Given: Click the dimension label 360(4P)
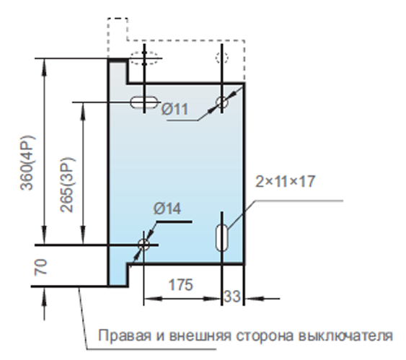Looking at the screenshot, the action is [27, 162].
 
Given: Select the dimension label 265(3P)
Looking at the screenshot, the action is [68, 185].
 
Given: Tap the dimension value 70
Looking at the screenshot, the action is [41, 267].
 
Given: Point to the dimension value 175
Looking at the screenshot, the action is [181, 285].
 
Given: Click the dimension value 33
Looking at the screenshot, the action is [232, 297].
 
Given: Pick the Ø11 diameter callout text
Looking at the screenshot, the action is [175, 109].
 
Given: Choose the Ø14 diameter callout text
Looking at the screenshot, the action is [167, 208].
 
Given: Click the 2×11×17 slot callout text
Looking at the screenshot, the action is [286, 181].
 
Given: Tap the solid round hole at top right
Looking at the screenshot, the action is [222, 102].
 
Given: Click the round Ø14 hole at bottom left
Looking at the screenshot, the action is [144, 245].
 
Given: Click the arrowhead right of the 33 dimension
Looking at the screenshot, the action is [255, 299].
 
